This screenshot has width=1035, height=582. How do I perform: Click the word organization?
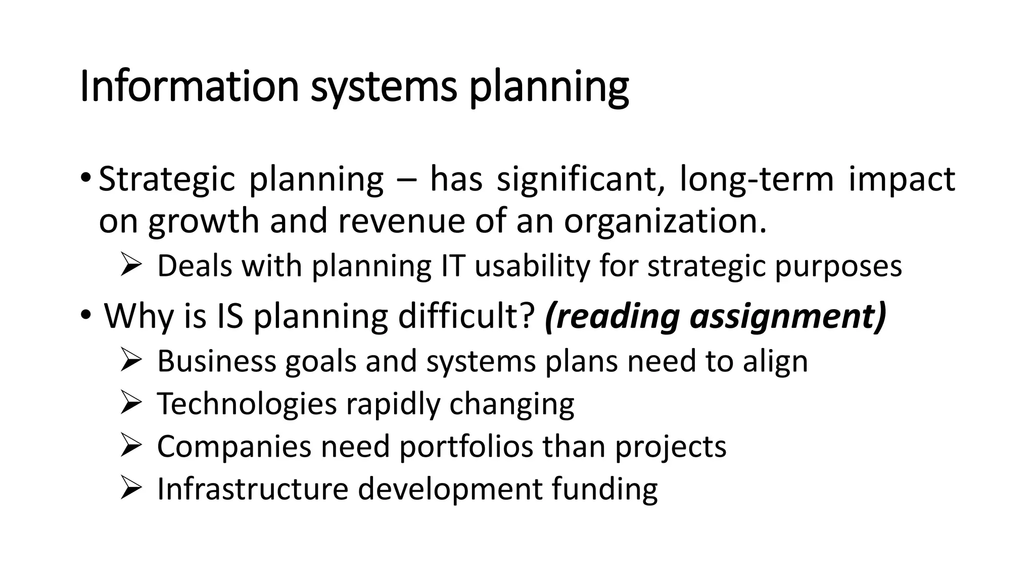coord(665,222)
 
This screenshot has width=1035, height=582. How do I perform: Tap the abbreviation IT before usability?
coord(452,266)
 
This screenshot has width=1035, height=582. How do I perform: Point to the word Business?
coord(217,361)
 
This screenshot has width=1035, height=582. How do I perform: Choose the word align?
coord(775,362)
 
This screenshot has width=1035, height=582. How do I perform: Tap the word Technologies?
coord(247,404)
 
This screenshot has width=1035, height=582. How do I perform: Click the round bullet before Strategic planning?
coord(85,179)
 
